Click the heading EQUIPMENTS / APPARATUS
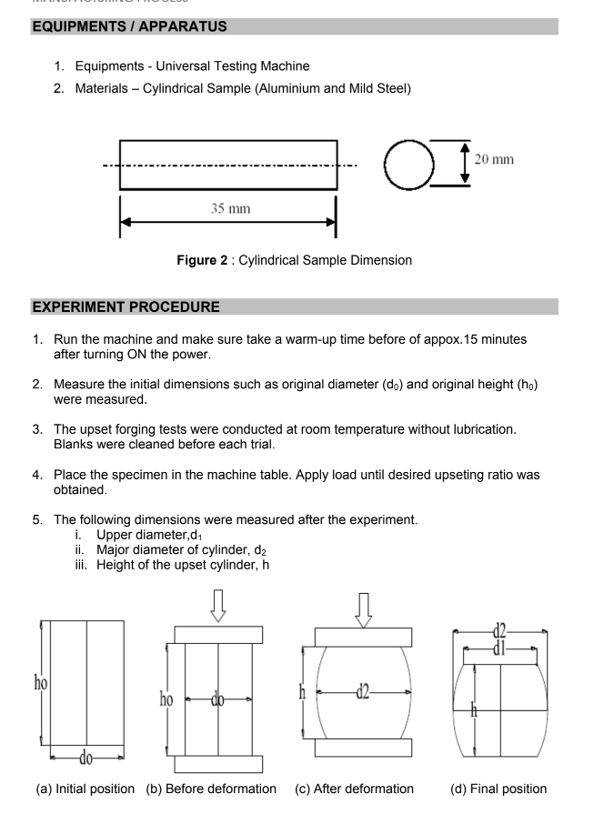tap(129, 27)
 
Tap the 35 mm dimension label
tap(230, 209)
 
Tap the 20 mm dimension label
tap(494, 160)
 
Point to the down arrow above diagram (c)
tap(363, 608)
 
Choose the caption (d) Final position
tap(499, 789)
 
